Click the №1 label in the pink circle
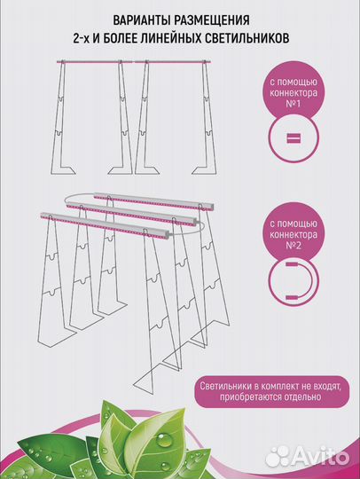293,104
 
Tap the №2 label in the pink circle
293,246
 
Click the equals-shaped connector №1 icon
293,138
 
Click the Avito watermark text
319,456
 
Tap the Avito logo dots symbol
277,456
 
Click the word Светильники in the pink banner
226,386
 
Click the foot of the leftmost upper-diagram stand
64,169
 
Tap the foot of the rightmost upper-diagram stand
204,169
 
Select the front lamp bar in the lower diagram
105,225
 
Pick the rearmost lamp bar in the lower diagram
154,201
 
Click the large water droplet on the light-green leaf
164,441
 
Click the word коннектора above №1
293,93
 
